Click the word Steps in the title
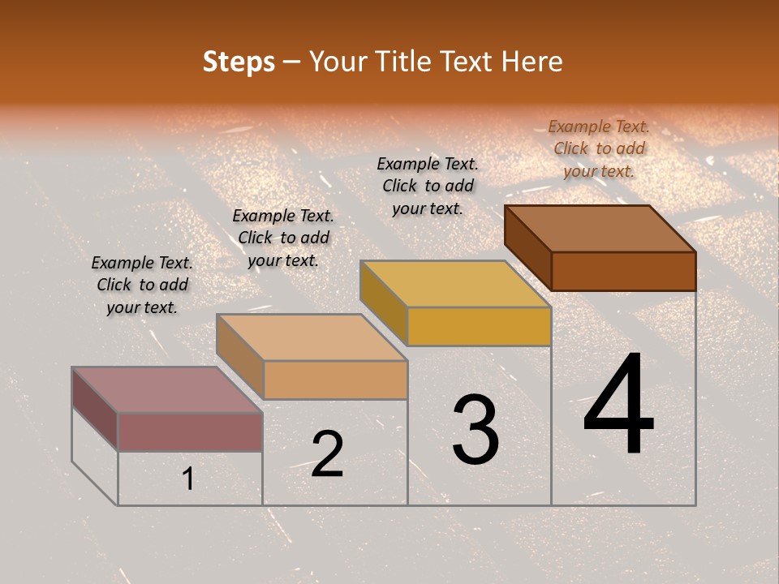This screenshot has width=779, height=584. click(x=239, y=62)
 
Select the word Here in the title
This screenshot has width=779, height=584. click(x=532, y=62)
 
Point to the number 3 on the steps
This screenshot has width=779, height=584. click(x=476, y=430)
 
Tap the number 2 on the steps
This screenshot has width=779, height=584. click(x=327, y=454)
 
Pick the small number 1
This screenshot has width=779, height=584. click(x=188, y=479)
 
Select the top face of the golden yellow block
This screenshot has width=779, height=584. click(x=455, y=284)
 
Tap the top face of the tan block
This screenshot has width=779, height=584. click(x=312, y=337)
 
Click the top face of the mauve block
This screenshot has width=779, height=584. click(x=167, y=390)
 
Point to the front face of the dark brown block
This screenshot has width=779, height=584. click(x=623, y=271)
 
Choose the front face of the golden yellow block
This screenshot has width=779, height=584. click(x=479, y=326)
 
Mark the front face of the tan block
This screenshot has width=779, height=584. click(x=335, y=380)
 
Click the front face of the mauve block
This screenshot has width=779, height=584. click(x=190, y=432)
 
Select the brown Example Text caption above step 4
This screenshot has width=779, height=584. click(x=599, y=148)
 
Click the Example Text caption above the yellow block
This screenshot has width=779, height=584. click(x=428, y=186)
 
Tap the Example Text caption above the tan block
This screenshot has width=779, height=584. click(x=283, y=238)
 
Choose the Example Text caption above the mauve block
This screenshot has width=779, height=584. click(x=142, y=285)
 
